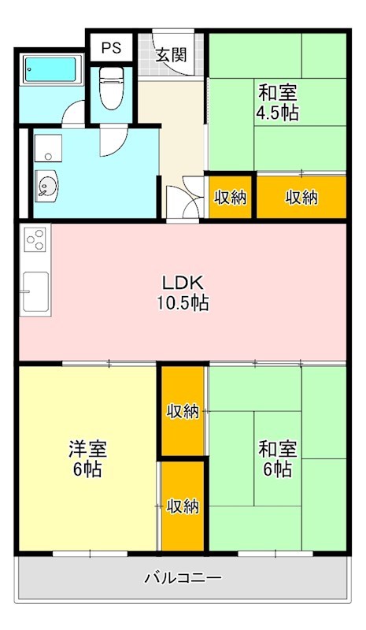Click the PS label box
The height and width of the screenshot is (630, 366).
click(x=111, y=47)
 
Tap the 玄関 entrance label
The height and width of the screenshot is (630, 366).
click(x=170, y=55)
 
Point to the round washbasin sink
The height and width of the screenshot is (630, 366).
click(x=46, y=187)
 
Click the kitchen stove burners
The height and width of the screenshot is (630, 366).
click(x=35, y=239)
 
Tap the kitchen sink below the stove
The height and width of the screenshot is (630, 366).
click(x=36, y=292)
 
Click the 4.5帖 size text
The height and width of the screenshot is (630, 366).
click(x=276, y=112)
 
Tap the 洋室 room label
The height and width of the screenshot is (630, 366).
click(x=87, y=450)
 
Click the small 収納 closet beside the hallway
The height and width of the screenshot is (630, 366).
click(x=231, y=197)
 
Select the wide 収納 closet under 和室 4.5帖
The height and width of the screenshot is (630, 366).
click(x=301, y=197)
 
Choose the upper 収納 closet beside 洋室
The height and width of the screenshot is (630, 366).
click(x=183, y=410)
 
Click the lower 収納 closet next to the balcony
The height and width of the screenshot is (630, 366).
click(x=183, y=505)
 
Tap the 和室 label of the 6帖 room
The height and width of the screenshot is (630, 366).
click(x=277, y=450)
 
